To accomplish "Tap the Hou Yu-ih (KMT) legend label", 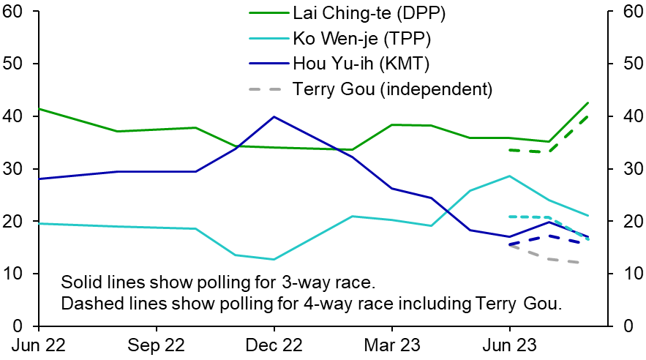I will pos(352,64).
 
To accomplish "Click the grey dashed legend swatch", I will pos(265,89).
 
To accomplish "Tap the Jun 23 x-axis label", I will pos(509,345).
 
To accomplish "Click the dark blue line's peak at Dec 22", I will pos(274,116).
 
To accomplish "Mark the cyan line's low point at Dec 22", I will pos(274,259).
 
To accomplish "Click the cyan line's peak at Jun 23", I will pos(509,176).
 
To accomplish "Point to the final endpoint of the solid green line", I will pos(588,103).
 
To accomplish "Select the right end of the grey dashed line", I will pos(580,263).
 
